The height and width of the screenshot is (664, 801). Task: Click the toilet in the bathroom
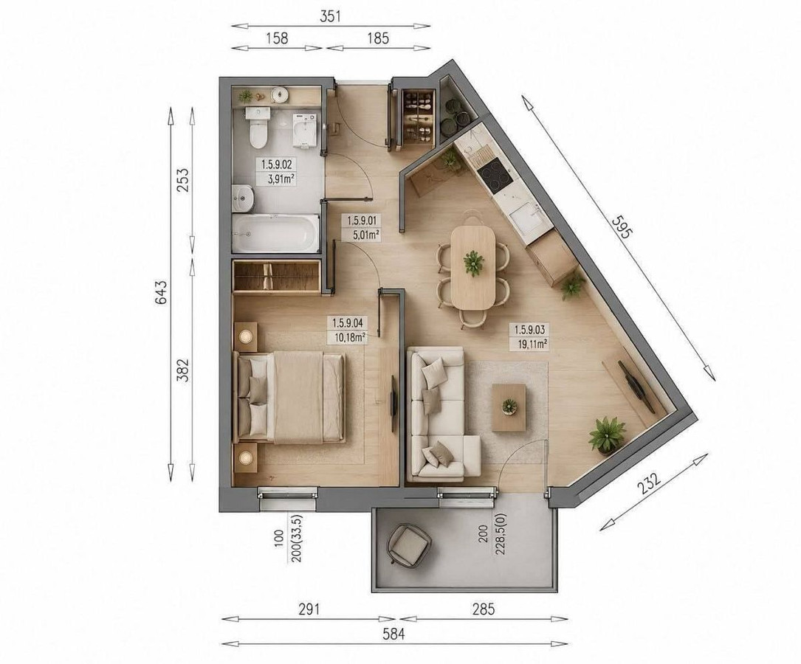[258, 128]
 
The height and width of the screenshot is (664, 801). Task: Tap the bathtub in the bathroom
[276, 232]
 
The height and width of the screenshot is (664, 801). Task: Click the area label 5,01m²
[366, 235]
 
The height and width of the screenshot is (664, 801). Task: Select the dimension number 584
[394, 634]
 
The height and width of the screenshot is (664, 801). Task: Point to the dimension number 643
[160, 292]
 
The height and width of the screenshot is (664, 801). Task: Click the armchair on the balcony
[409, 545]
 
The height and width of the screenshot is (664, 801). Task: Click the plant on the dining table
[474, 263]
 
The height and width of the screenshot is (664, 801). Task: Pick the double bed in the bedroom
[289, 397]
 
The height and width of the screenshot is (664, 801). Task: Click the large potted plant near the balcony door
[607, 435]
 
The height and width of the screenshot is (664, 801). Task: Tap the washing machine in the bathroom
[304, 131]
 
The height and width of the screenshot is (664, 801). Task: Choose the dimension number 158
[277, 38]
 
